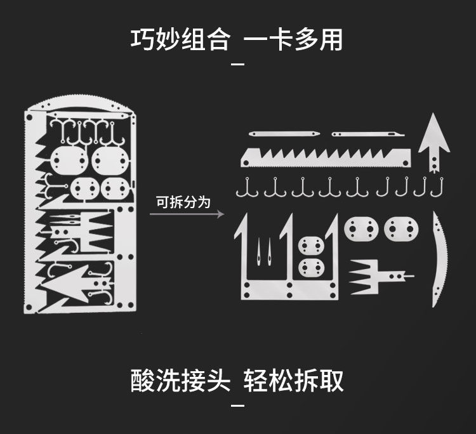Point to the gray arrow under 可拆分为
click(187, 214)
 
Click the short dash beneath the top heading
click(237, 63)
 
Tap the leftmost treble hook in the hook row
click(247, 188)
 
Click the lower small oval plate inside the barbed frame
click(312, 267)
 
